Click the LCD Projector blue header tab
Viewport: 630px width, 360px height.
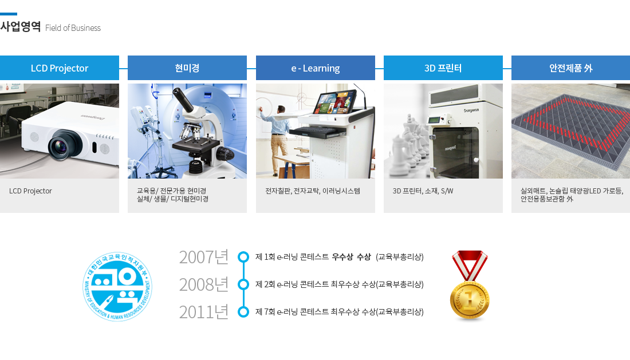[x=60, y=68]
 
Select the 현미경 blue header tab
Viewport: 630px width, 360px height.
[x=187, y=68]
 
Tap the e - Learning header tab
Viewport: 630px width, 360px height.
[x=316, y=68]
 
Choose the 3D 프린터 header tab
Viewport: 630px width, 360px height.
[x=443, y=68]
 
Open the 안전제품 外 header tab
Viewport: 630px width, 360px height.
[x=570, y=68]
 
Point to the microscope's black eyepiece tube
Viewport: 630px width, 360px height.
[x=183, y=100]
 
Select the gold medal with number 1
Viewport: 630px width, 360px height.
[x=470, y=285]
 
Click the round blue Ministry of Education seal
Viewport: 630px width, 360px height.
[x=117, y=287]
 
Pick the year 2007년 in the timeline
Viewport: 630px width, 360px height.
[x=204, y=257]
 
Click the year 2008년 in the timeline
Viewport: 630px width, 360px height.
[x=204, y=284]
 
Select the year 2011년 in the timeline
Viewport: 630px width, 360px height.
[x=204, y=312]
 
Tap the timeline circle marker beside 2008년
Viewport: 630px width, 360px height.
[x=243, y=284]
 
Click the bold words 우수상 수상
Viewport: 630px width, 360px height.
[x=351, y=257]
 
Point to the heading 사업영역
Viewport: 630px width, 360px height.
[x=21, y=27]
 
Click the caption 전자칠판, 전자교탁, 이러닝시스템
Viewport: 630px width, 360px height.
[x=313, y=191]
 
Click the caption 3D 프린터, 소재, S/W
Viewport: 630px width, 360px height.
[x=423, y=191]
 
